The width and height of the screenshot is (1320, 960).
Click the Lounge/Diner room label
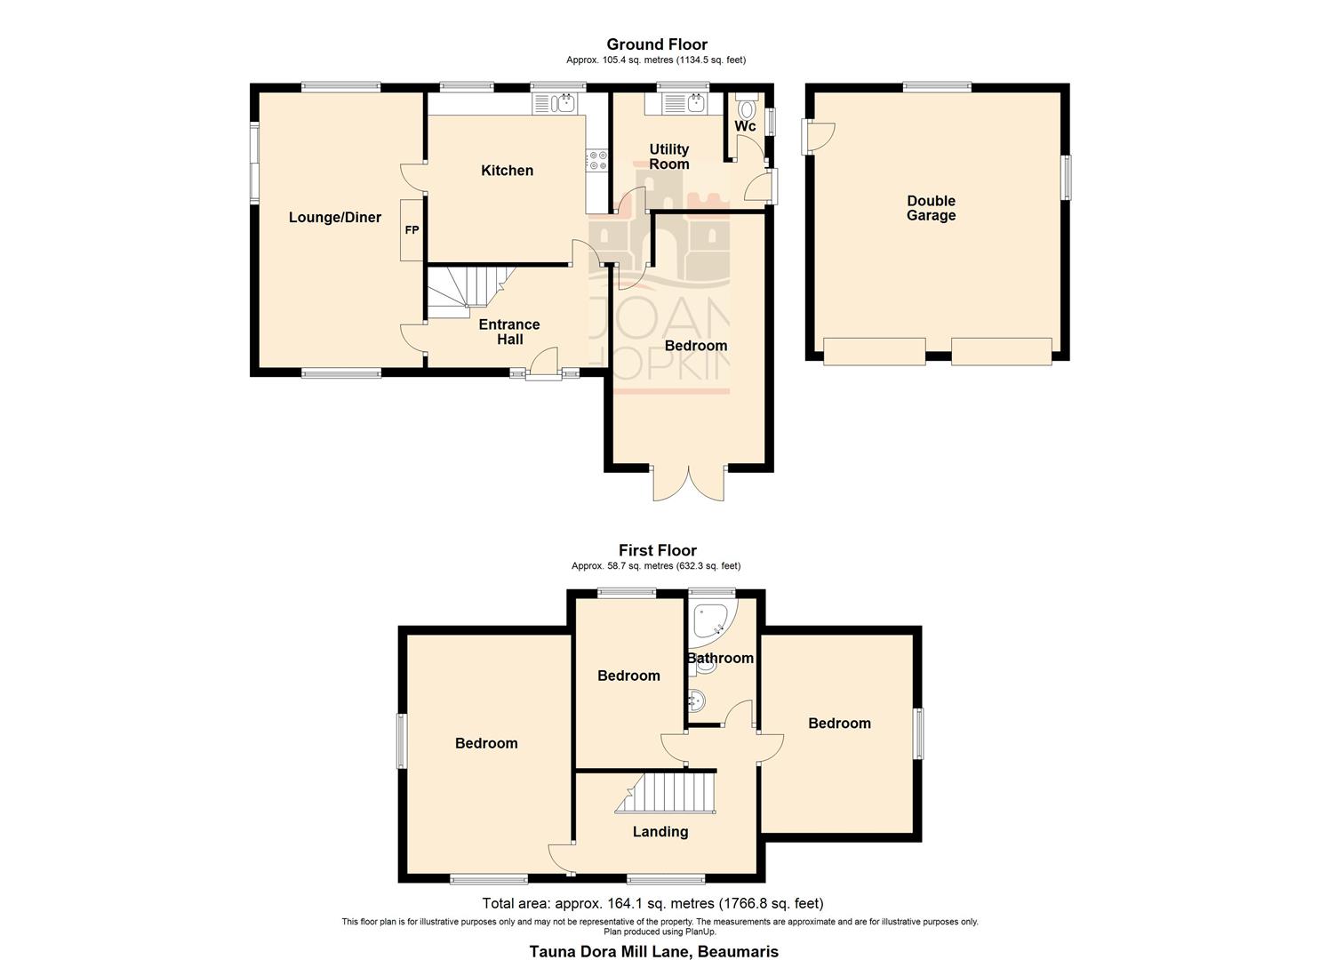point(334,218)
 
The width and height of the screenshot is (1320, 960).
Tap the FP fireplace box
point(412,230)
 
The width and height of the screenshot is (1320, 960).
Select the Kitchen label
point(507,171)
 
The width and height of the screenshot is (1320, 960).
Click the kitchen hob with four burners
point(596,161)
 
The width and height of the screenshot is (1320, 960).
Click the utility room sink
point(692,104)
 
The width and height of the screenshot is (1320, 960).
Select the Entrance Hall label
point(509,332)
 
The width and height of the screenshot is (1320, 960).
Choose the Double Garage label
point(931,208)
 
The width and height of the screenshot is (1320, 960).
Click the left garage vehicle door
point(874,352)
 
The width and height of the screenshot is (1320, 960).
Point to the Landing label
point(660,832)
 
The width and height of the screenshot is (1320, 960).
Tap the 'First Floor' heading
point(657,550)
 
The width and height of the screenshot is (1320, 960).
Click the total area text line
point(652,904)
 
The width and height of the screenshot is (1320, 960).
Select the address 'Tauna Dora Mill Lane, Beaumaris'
point(653,951)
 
